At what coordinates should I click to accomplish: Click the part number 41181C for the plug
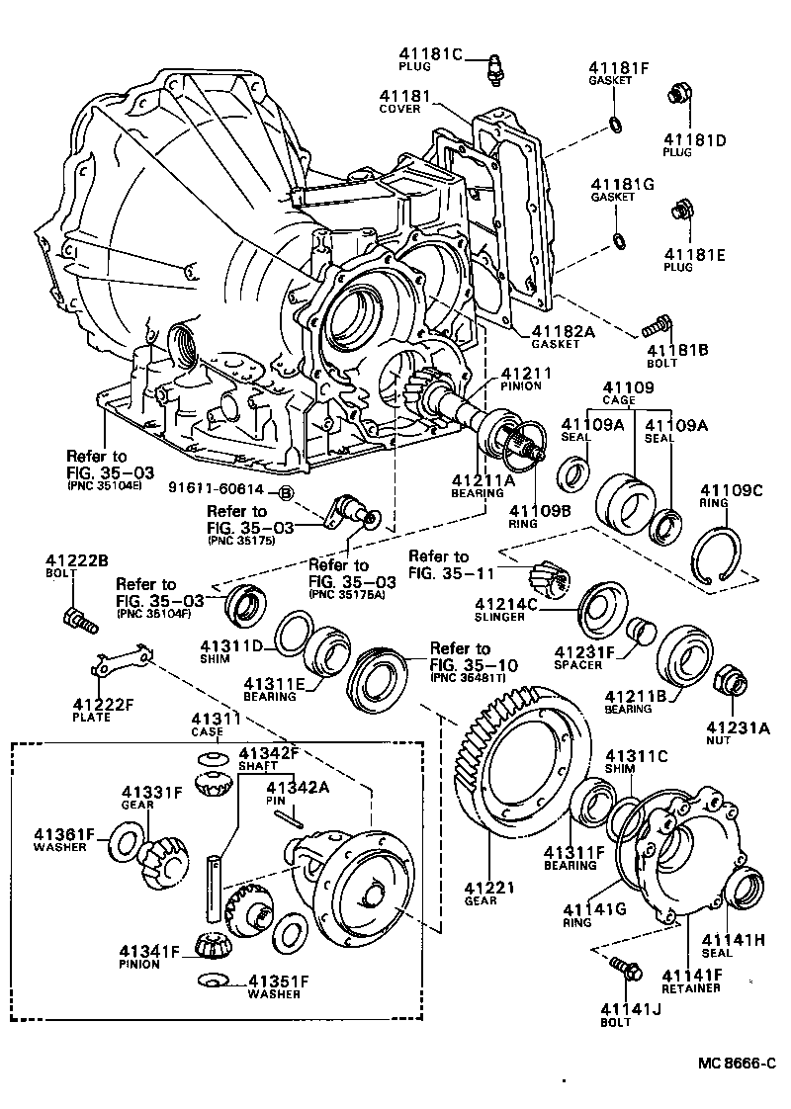tap(431, 53)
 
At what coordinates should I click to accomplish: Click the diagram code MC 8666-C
tap(736, 1065)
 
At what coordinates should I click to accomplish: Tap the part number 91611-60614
tap(216, 489)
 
